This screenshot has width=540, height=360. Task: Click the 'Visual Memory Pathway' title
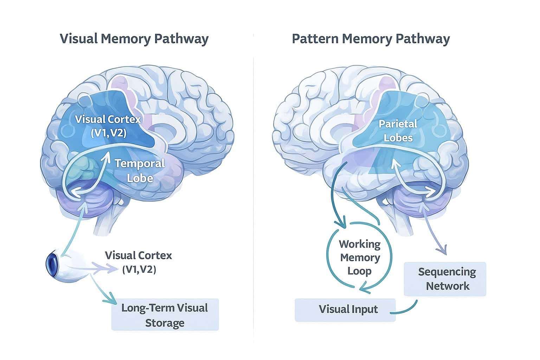click(x=134, y=39)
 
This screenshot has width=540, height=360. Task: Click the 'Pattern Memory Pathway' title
click(x=371, y=39)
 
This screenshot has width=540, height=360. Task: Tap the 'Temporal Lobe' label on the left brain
click(x=140, y=171)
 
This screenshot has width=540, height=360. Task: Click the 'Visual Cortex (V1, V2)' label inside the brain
click(x=108, y=126)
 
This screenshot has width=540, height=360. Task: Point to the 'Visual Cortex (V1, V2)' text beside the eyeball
click(x=139, y=262)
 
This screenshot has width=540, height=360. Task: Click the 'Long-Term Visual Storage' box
click(x=165, y=315)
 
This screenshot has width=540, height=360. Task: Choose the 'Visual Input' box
click(x=345, y=309)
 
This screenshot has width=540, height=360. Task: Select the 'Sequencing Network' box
click(x=445, y=279)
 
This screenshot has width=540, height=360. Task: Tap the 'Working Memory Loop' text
click(x=360, y=258)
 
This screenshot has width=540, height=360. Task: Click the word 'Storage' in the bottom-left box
click(x=165, y=323)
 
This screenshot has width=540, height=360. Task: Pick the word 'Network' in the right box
click(x=448, y=286)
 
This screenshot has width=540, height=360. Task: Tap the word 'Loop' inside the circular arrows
click(x=359, y=271)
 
